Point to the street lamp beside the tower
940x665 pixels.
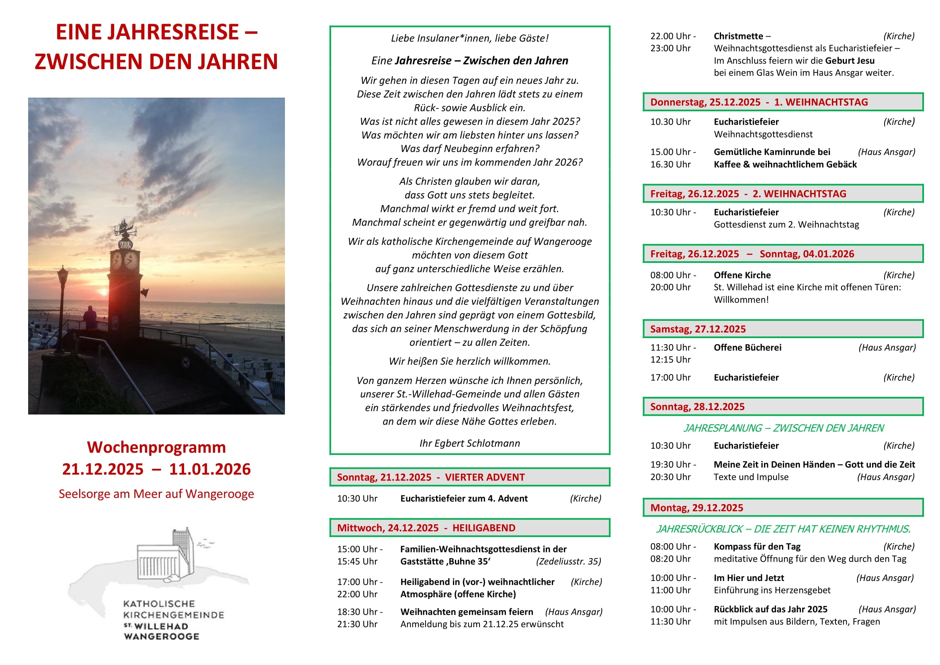[63, 287]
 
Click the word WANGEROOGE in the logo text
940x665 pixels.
[162, 636]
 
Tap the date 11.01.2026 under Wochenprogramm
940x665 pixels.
[210, 469]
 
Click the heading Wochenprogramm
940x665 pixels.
[156, 447]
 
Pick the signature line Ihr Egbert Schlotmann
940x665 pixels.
[469, 443]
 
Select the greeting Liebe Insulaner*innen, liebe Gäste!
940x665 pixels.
[469, 38]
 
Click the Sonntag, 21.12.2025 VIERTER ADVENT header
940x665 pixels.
[469, 477]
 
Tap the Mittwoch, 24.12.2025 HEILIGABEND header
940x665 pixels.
[469, 528]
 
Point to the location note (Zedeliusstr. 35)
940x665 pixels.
[568, 561]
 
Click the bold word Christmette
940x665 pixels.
[738, 36]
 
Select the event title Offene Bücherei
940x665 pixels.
[747, 348]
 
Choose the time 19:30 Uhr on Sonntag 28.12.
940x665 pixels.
[670, 465]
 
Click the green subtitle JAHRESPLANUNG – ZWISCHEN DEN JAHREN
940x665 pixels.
[783, 428]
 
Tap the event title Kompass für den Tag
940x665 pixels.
[757, 547]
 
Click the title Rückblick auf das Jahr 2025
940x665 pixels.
[770, 609]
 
